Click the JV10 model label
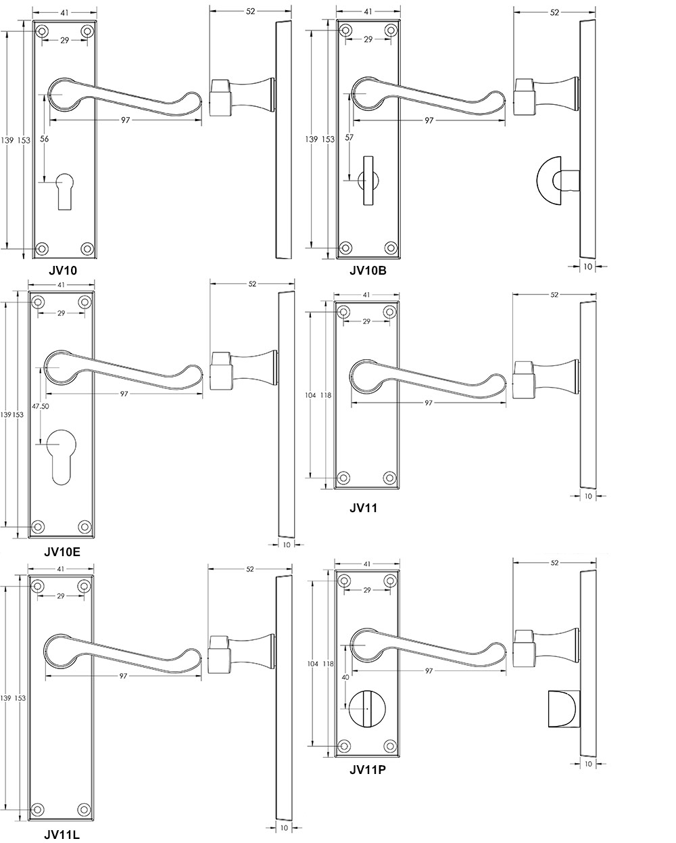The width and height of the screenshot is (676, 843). [x=63, y=271]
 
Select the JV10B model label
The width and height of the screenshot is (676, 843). [x=368, y=271]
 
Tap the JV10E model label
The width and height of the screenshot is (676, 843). [x=62, y=552]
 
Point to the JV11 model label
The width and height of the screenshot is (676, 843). [x=363, y=508]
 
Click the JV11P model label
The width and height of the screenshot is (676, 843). [x=368, y=770]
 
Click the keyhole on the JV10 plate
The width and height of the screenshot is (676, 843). [x=65, y=192]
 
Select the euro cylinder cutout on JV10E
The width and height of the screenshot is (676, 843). [x=62, y=457]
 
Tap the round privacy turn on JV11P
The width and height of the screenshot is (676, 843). [x=367, y=708]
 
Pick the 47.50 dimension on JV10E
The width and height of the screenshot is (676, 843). [x=41, y=406]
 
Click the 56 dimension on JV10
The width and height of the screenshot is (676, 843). [x=44, y=139]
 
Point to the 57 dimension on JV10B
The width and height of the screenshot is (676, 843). [x=349, y=137]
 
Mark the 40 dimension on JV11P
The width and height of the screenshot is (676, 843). [x=345, y=677]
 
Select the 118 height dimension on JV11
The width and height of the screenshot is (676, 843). [x=326, y=395]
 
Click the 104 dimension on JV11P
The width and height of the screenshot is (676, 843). [x=312, y=664]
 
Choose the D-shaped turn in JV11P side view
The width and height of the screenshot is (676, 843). [x=564, y=708]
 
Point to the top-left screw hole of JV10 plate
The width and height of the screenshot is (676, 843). [x=42, y=31]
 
